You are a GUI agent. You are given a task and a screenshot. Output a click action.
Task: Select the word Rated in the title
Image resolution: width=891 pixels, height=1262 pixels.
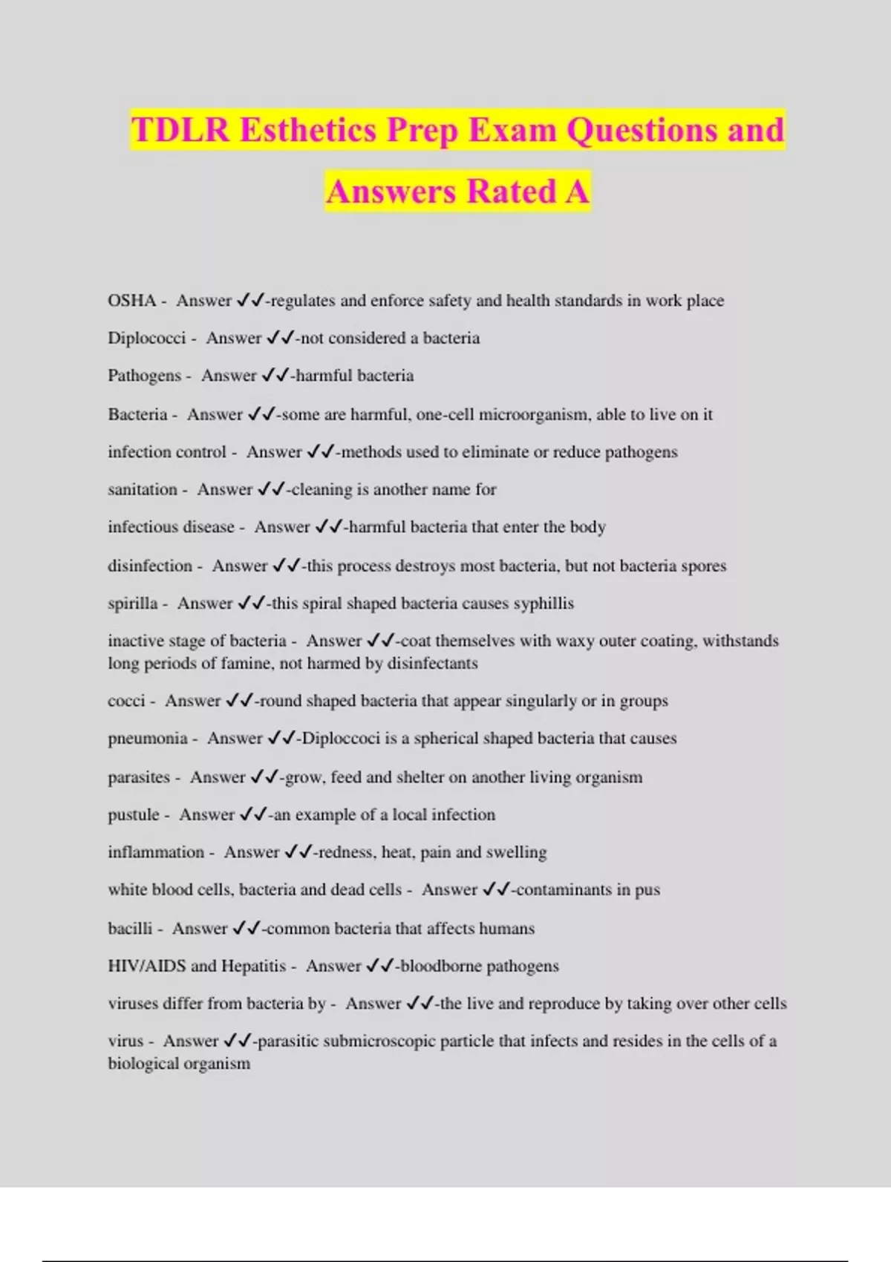coord(512,192)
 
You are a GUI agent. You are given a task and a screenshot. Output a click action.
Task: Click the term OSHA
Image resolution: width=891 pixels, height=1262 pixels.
coord(131,301)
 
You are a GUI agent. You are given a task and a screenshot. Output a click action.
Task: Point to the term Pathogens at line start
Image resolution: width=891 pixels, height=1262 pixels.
coord(144,376)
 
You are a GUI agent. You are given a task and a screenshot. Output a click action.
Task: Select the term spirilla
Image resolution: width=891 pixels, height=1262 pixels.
coord(132,603)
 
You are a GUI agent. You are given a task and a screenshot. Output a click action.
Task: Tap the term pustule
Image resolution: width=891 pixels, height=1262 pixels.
coord(134,814)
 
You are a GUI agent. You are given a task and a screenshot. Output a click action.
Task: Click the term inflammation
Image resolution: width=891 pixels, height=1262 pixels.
coord(156,851)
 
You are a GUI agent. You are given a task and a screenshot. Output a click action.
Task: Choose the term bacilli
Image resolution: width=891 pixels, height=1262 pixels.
coord(130,928)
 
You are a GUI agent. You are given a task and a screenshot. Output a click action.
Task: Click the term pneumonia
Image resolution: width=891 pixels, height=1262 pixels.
coord(147,738)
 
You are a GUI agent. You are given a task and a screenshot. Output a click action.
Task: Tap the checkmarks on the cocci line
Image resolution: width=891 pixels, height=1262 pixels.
coord(239,701)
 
